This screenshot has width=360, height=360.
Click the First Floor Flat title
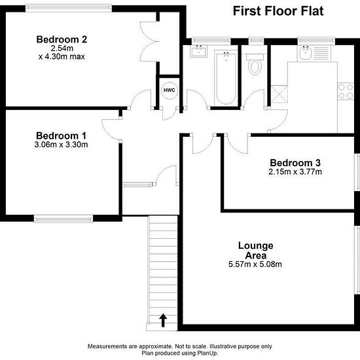click(278, 11)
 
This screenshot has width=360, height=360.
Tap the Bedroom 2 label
click(62, 39)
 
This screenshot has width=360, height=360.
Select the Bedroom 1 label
click(62, 135)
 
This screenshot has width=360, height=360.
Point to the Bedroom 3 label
click(295, 163)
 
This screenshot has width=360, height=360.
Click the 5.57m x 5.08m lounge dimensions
click(255, 264)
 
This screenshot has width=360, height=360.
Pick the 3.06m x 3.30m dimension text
click(61, 145)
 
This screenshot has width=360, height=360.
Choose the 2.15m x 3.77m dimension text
click(295, 171)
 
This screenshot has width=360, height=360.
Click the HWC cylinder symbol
click(170, 90)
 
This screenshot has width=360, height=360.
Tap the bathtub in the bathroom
click(226, 78)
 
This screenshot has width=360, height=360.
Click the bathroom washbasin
click(198, 51)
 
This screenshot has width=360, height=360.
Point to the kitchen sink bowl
click(306, 52)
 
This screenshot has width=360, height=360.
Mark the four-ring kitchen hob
click(346, 91)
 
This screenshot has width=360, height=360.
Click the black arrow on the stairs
click(163, 320)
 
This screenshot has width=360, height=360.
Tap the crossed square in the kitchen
click(279, 94)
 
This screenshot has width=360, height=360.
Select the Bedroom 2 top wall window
click(69, 8)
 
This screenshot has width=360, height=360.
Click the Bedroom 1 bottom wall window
click(63, 219)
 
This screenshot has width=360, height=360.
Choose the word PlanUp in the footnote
click(208, 353)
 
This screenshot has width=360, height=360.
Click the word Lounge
click(255, 246)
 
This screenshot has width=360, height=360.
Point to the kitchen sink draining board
click(321, 52)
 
